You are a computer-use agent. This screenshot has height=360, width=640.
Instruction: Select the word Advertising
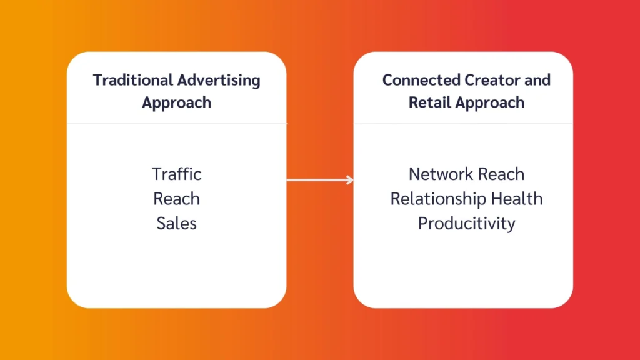click(x=219, y=81)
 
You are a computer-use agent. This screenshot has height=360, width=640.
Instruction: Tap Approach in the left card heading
click(x=176, y=102)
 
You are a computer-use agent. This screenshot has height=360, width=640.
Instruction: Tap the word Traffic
click(x=177, y=174)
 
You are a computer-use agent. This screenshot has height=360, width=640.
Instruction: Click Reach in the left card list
click(x=177, y=199)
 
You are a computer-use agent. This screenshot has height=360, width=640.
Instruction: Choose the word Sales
click(x=177, y=223)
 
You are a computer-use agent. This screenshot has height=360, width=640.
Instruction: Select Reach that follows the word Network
click(x=502, y=174)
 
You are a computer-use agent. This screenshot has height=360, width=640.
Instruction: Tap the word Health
click(x=517, y=199)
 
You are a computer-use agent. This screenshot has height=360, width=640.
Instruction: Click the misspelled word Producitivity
click(x=466, y=223)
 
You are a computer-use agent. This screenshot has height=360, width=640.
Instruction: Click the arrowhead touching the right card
click(x=350, y=181)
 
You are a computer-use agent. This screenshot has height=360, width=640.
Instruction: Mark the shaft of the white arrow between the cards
click(x=316, y=181)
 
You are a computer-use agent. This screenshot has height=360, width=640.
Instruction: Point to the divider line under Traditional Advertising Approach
click(x=177, y=124)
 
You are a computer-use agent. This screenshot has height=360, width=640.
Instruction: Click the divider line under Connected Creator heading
click(x=463, y=124)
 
